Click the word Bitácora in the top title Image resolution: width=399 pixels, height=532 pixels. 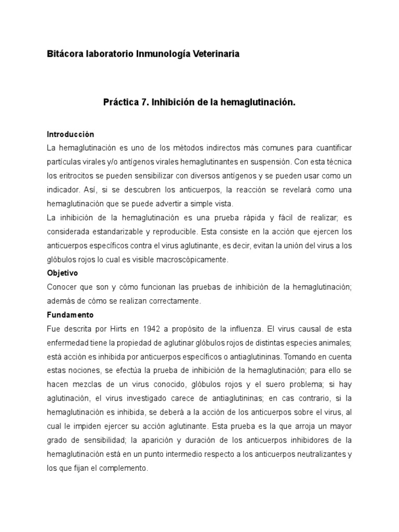tap(64, 54)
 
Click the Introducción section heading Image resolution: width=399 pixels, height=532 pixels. tap(70, 134)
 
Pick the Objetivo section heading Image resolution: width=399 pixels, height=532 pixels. tap(62, 272)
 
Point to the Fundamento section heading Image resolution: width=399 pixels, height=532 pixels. tap(69, 314)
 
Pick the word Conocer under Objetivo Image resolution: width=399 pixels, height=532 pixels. tap(61, 287)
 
